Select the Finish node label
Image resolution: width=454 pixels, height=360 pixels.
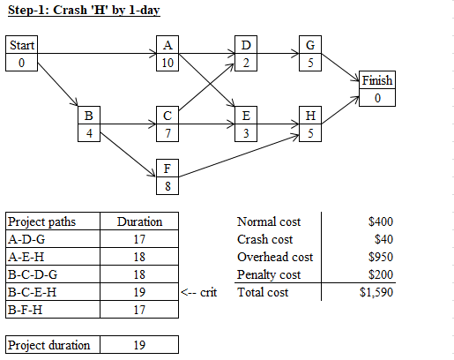pos(377,80)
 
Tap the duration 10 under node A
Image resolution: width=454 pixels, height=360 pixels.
pos(167,63)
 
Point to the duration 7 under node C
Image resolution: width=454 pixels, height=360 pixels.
pos(167,133)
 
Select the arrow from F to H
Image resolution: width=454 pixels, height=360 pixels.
pos(239,156)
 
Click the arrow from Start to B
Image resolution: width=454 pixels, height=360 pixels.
pos(58,85)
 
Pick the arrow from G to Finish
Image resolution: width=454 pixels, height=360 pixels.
pos(340,67)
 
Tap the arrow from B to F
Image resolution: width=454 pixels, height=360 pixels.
pos(128,154)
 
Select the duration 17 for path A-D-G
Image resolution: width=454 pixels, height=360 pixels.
pos(139,239)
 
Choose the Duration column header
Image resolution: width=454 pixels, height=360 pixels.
pos(139,221)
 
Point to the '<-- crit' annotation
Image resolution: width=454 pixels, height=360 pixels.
pos(199,292)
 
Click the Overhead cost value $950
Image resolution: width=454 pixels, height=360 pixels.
pos(381,257)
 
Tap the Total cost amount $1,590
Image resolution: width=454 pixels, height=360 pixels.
pos(376,292)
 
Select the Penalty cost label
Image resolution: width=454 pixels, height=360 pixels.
pos(269,274)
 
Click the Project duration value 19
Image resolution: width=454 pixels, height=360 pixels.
pos(139,345)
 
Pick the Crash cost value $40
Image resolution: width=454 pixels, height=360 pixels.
pos(383,239)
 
